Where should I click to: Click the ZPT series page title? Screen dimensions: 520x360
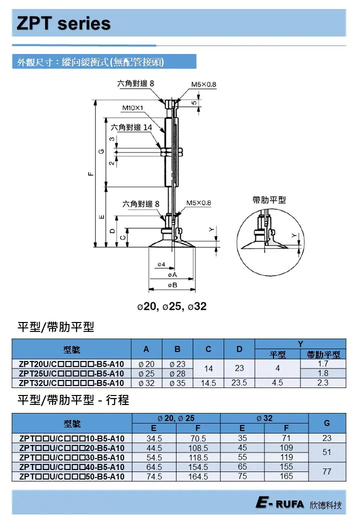tap(63, 23)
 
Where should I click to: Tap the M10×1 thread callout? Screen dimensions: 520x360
tap(133, 107)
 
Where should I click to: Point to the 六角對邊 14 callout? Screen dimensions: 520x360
tap(131, 127)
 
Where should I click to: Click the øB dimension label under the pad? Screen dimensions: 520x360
tap(172, 285)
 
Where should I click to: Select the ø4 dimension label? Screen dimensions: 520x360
tap(161, 263)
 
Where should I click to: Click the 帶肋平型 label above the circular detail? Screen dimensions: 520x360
tap(269, 200)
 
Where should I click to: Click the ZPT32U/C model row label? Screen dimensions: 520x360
tap(71, 383)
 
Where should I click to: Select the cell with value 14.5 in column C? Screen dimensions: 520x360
tap(208, 383)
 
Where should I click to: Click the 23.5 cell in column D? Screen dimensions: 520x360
tap(239, 383)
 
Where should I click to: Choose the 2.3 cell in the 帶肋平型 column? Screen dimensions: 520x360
tap(323, 383)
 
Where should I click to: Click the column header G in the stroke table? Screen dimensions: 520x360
tap(327, 423)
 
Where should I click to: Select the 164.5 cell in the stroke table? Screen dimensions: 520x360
tap(198, 476)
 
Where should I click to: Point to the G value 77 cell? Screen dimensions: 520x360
tap(327, 471)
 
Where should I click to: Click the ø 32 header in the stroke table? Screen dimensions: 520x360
tap(264, 418)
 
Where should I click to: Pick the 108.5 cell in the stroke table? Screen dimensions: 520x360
tap(198, 448)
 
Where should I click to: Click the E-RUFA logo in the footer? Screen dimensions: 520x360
tap(279, 504)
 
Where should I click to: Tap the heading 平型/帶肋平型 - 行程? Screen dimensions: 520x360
tap(73, 400)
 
